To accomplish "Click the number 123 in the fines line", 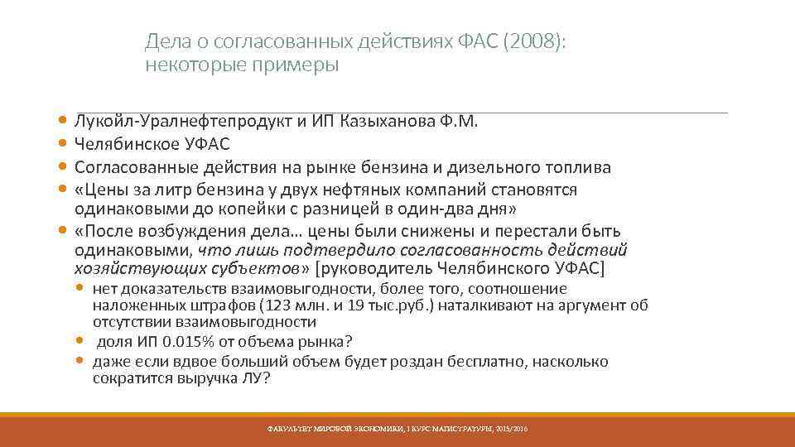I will tap(275, 305).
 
